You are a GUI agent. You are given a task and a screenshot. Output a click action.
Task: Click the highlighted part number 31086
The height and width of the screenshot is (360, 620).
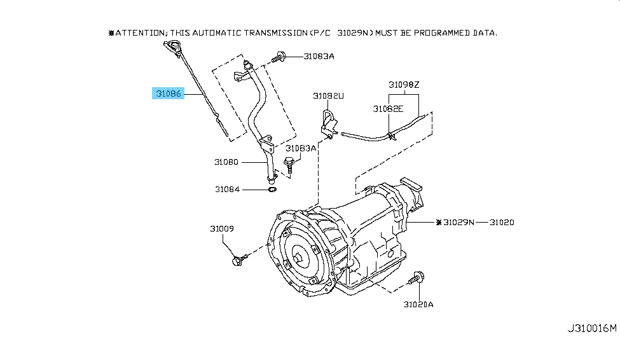(168, 93)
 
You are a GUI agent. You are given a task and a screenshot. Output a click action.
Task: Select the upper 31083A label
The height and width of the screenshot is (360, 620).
(319, 57)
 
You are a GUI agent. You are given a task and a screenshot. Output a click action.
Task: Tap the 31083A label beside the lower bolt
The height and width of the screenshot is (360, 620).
(301, 148)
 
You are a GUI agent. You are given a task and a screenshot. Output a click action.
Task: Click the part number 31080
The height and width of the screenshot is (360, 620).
(226, 162)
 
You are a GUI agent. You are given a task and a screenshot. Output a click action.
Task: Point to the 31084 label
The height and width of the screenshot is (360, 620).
(228, 190)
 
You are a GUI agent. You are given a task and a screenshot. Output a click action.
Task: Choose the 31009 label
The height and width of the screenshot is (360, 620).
(222, 229)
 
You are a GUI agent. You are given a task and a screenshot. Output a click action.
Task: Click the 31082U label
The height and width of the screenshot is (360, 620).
(328, 96)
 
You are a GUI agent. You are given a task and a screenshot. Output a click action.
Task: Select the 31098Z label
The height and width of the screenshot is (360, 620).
(404, 85)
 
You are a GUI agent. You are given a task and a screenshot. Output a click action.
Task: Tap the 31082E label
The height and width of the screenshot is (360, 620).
(388, 109)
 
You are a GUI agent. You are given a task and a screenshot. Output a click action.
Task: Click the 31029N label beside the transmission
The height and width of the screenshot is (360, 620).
(458, 223)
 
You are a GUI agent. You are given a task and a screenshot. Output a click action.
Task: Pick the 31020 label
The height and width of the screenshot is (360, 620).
(502, 223)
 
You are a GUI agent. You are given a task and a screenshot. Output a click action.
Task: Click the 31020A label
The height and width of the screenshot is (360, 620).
(418, 304)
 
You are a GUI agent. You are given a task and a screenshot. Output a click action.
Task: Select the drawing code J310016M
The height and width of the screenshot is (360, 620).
(592, 328)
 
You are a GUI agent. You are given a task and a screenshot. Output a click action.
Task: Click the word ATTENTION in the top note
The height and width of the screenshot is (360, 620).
(139, 33)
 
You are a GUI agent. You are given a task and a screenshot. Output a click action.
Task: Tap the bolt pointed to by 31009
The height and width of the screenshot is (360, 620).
(240, 260)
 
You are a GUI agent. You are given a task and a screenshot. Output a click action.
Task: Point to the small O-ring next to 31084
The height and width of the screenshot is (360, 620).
(272, 190)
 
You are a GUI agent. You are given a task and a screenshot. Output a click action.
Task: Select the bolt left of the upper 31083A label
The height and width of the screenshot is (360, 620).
(279, 57)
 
